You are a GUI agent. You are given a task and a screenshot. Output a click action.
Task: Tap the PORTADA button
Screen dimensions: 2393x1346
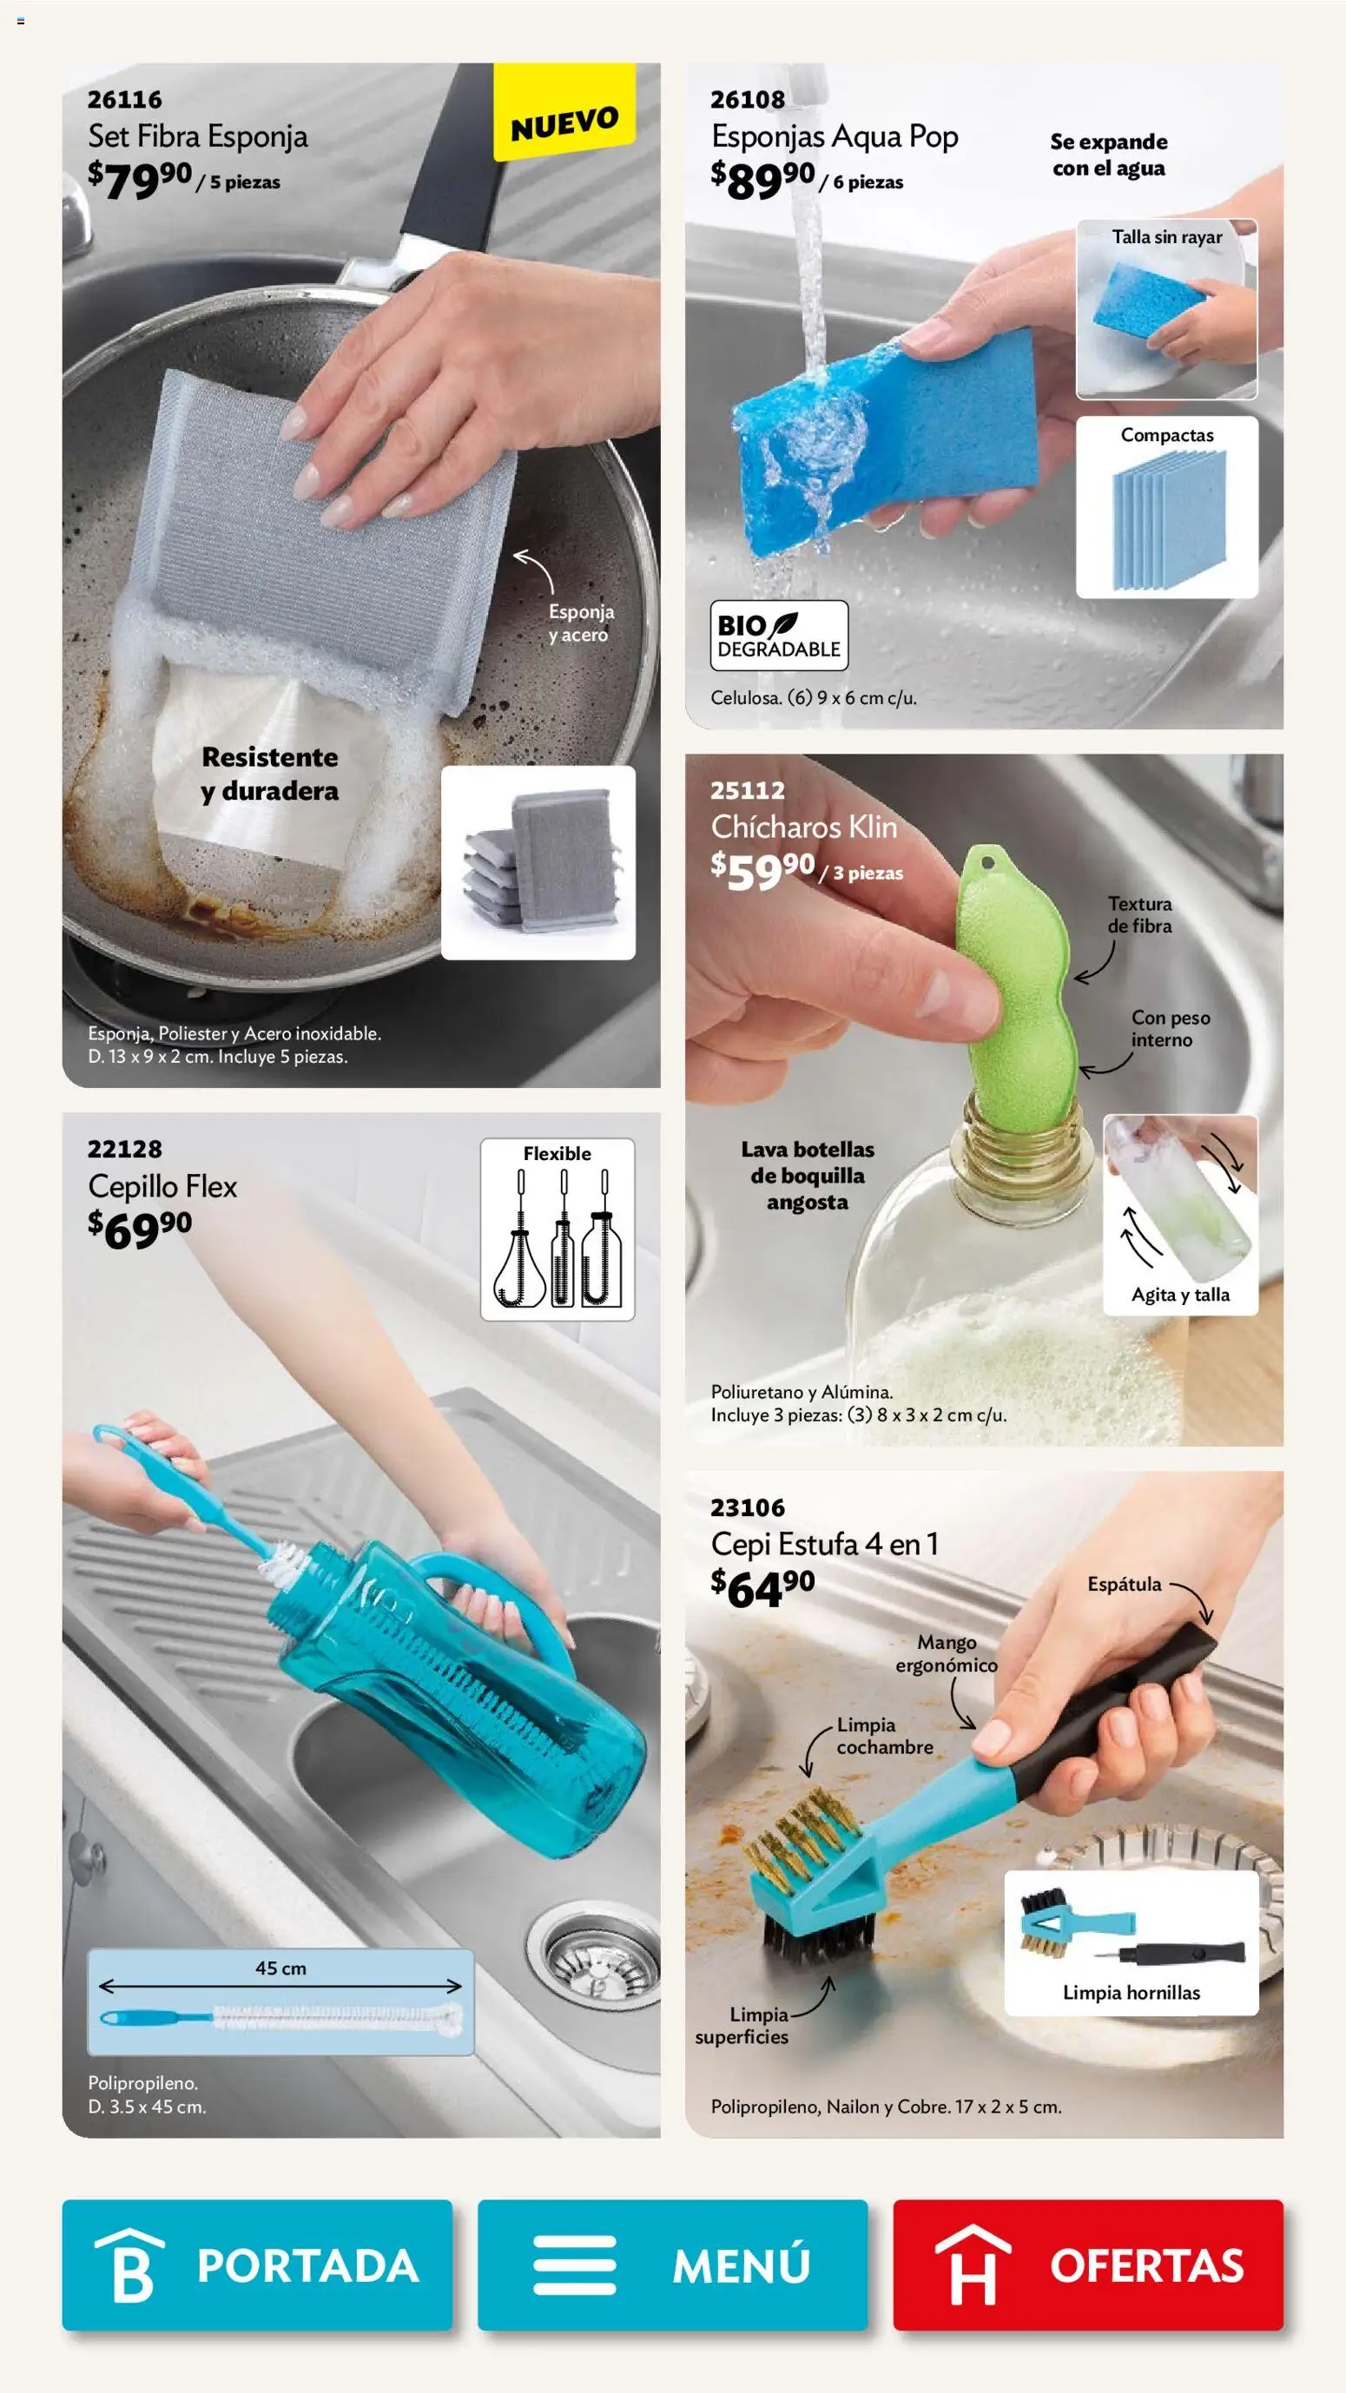256,2264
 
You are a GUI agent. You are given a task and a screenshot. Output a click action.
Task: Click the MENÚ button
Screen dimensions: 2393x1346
671,2264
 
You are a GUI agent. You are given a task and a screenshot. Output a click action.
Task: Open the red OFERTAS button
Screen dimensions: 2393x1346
1087,2264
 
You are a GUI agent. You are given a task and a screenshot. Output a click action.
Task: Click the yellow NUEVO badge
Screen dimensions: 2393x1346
564,122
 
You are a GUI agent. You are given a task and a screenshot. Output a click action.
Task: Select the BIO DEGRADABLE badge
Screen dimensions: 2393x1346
778,636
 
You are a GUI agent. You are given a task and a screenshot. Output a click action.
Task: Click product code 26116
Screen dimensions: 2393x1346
124,99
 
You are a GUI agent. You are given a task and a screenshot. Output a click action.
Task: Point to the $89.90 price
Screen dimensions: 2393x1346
762,178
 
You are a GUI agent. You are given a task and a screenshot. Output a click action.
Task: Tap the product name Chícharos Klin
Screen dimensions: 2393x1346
803,827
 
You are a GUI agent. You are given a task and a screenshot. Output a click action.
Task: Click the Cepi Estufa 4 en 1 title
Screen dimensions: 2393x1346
824,1544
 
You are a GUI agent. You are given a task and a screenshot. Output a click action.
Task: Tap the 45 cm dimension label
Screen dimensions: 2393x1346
280,1968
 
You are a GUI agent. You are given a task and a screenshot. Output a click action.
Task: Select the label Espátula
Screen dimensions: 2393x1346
1124,1584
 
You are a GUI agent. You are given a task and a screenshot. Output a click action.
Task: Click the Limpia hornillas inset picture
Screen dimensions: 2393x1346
1132,1941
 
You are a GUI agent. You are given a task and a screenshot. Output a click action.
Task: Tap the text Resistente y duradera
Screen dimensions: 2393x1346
269,774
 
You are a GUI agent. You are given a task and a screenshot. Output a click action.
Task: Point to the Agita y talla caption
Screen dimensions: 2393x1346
1180,1295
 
